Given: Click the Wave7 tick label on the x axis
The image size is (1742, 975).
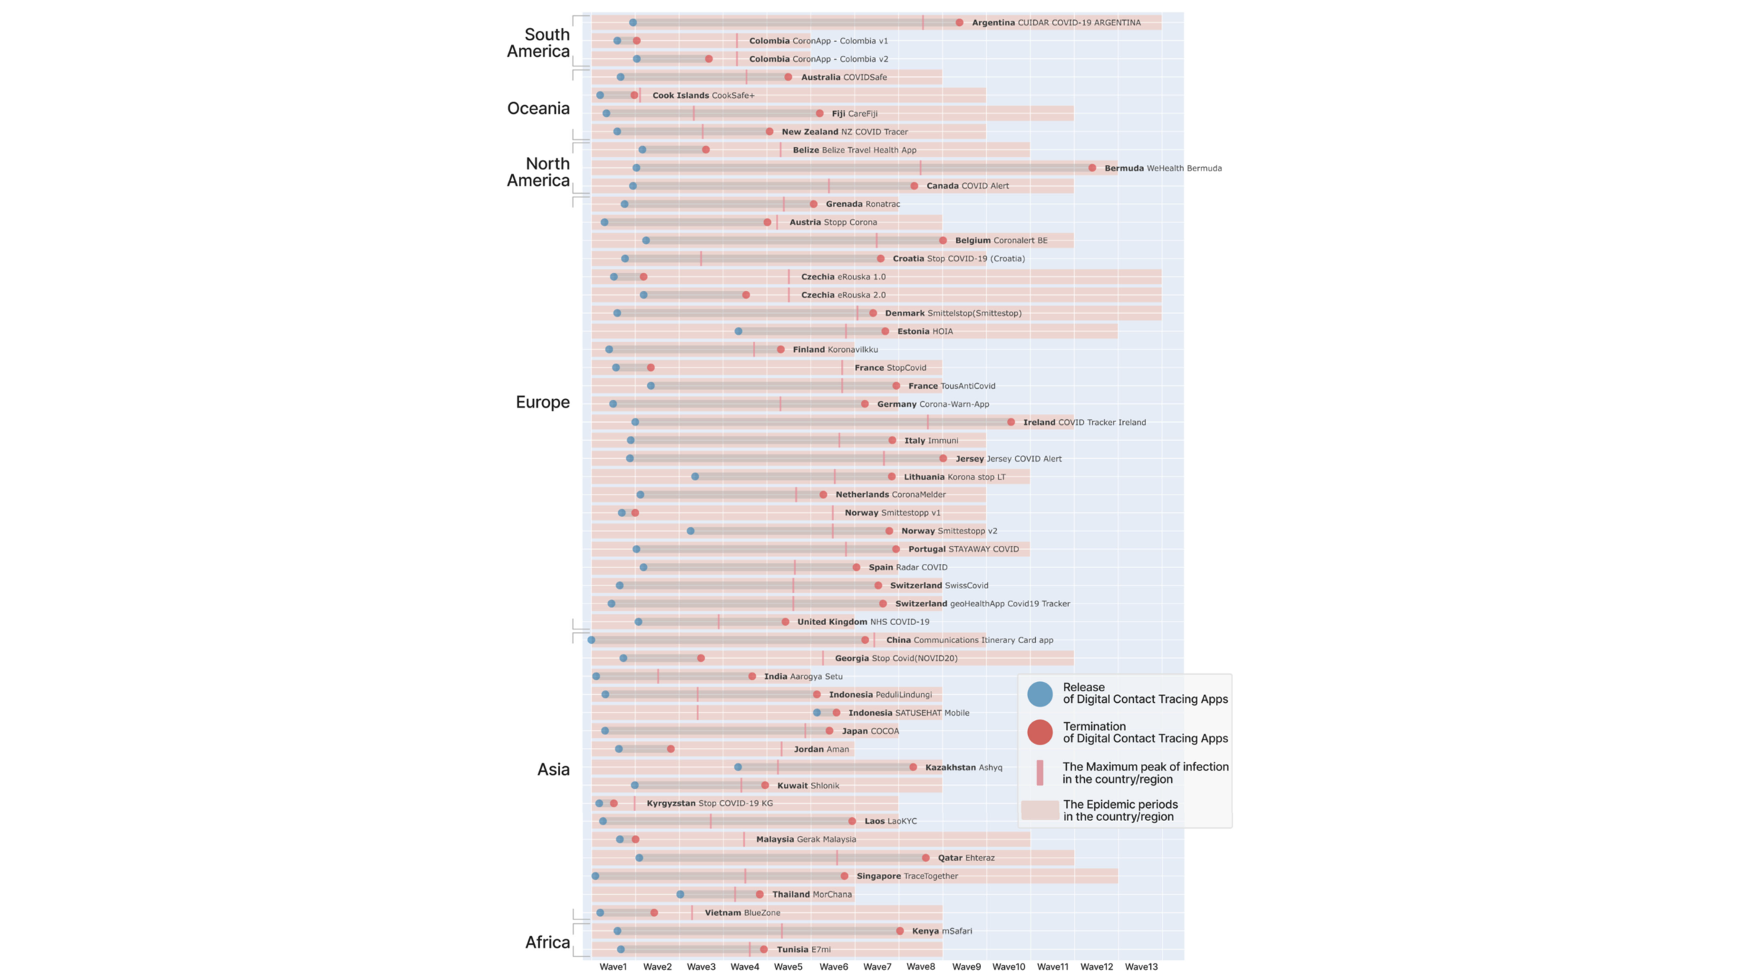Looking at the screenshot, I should (877, 966).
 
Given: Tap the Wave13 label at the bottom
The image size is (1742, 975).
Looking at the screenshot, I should (1141, 966).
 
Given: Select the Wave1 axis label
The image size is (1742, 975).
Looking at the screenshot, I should (613, 966).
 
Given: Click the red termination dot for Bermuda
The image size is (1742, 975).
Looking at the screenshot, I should (1092, 168).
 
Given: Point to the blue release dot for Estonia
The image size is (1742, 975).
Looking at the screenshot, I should (739, 331).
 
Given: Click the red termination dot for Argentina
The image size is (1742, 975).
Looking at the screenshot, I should (960, 23).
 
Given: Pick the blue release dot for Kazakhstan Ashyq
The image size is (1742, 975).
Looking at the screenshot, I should (738, 767).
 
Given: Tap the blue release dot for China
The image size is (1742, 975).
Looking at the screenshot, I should (592, 639).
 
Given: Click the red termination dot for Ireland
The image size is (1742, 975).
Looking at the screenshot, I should (1011, 422).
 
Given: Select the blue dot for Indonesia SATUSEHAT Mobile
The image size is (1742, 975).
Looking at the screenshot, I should (817, 713).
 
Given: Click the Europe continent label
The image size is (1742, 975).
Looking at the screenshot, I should (542, 402).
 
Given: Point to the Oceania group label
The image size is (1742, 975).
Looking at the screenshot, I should (538, 108).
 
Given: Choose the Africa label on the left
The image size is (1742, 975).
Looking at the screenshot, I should (547, 942).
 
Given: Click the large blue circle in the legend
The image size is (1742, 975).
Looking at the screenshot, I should (1039, 693).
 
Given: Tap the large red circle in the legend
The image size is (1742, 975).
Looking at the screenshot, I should (1039, 732).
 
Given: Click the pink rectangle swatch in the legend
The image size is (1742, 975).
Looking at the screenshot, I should (1039, 810).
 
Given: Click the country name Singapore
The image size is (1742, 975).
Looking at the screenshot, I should (878, 876).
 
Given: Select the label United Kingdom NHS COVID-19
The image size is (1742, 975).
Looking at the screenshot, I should (863, 621).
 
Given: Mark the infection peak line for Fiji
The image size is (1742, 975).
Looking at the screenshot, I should (694, 113).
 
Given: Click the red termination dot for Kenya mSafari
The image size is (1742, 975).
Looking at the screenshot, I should (900, 931).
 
